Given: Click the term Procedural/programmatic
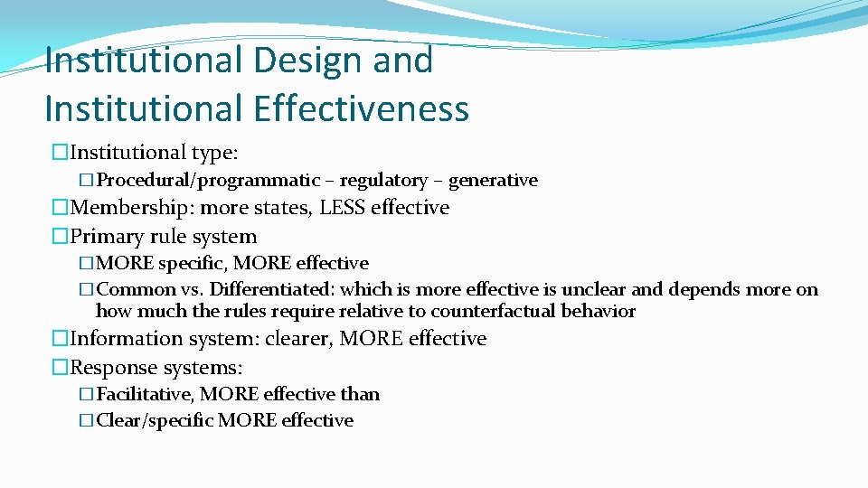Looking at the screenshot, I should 208,180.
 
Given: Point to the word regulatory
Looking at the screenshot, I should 383,180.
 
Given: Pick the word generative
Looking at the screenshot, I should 493,180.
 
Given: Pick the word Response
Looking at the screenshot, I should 110,368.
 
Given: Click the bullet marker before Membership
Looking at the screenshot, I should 61,208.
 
